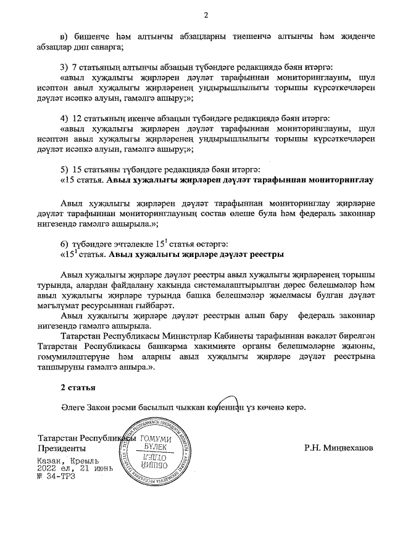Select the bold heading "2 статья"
click(77, 387)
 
